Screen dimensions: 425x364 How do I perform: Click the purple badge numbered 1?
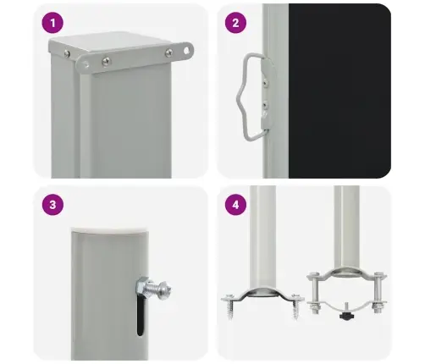click(52, 23)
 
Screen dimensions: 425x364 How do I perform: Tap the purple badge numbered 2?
click(235, 23)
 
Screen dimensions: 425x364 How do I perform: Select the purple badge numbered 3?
click(52, 205)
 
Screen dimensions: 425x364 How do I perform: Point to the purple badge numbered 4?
click(235, 205)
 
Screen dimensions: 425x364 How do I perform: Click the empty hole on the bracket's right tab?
click(186, 51)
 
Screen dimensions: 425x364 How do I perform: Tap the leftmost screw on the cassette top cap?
click(67, 53)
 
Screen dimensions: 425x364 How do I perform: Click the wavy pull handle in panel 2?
click(245, 97)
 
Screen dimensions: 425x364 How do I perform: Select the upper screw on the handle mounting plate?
click(265, 82)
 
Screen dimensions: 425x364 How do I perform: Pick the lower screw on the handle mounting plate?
click(265, 106)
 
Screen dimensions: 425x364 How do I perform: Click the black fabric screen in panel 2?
click(339, 91)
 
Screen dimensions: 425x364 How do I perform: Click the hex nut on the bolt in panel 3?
click(141, 285)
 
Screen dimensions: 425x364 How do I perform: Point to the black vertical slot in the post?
click(141, 315)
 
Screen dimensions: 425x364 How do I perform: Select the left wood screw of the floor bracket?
click(230, 307)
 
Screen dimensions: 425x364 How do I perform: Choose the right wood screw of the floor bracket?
click(295, 307)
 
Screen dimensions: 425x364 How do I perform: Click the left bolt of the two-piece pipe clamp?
click(314, 293)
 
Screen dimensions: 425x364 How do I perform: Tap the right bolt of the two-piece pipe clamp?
click(378, 293)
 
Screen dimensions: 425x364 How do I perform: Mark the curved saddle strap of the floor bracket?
click(262, 294)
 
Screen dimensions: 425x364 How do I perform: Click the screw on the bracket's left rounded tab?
click(106, 61)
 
